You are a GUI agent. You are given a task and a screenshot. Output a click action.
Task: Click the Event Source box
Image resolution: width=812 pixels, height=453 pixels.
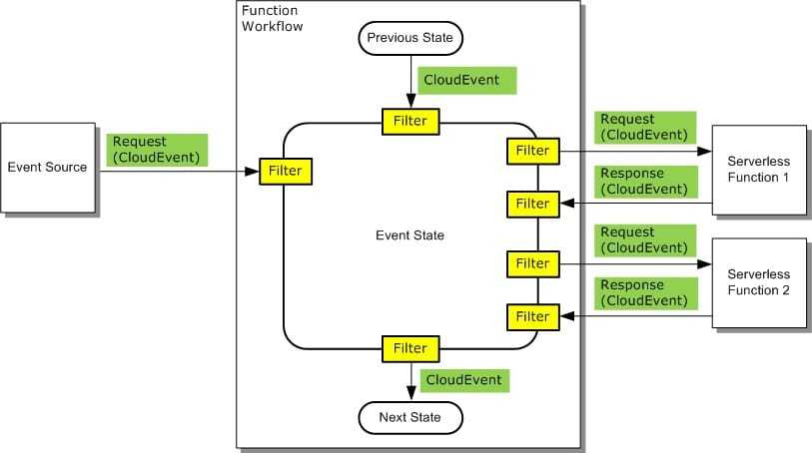click(47, 167)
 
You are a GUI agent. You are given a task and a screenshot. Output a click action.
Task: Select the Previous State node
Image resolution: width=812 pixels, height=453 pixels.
click(409, 38)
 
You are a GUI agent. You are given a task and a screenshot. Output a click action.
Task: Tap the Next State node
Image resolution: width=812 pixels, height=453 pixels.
click(409, 416)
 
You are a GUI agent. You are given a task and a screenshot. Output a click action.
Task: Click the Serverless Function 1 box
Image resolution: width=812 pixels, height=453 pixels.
click(758, 171)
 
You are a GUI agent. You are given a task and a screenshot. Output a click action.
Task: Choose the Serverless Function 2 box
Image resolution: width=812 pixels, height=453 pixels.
click(758, 282)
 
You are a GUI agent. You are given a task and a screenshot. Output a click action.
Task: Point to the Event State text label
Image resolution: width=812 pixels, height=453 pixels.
click(409, 235)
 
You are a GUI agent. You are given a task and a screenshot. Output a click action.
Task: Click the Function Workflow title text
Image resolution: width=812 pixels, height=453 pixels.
click(273, 17)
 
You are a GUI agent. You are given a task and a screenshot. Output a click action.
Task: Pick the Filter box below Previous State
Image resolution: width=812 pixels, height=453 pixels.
click(409, 122)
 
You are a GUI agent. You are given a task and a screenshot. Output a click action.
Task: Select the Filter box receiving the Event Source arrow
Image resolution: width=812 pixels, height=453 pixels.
click(286, 171)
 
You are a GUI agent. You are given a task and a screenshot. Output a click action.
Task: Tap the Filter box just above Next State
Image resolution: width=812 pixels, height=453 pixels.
click(409, 348)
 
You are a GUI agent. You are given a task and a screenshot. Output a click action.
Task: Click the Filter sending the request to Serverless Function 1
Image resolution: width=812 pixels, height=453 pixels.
click(532, 151)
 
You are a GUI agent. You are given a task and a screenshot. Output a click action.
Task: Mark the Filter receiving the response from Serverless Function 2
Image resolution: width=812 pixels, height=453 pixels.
click(532, 317)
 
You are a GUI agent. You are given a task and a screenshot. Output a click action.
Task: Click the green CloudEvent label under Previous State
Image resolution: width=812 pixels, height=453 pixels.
click(467, 80)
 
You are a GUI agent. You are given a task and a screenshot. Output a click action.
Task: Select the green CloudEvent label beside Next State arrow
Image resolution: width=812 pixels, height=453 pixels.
click(465, 380)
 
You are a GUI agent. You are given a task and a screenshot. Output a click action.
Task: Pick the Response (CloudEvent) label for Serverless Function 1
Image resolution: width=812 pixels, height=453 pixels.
click(644, 182)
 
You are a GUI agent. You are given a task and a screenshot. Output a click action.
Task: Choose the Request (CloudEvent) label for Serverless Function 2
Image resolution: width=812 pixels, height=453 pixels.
click(644, 239)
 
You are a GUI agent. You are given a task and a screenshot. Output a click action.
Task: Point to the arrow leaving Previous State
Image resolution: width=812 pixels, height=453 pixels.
click(409, 80)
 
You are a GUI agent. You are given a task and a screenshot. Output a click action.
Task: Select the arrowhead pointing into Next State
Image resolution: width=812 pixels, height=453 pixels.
click(409, 395)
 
